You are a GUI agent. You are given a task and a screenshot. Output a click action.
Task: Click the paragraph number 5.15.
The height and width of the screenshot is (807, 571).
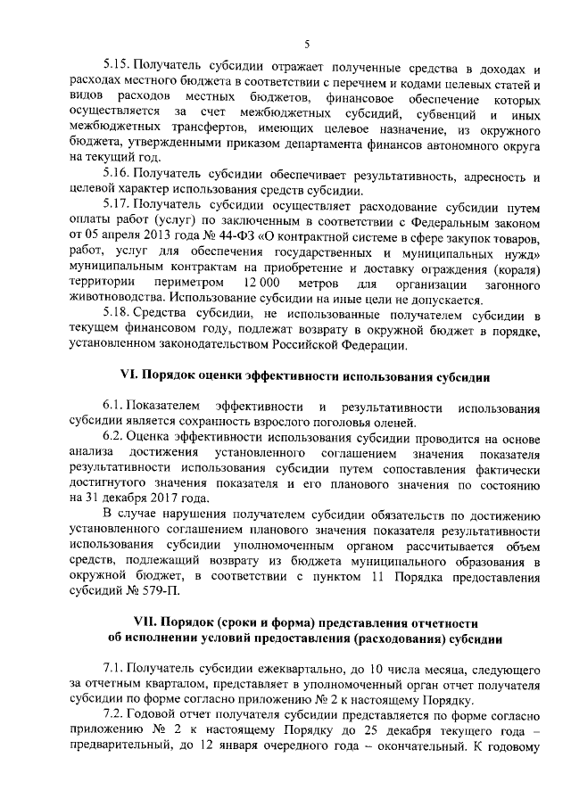coord(119,68)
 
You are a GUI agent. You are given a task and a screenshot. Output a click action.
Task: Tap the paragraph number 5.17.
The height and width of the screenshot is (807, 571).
coord(119,203)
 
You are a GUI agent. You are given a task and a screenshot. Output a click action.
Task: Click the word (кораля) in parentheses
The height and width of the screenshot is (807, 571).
coord(511,267)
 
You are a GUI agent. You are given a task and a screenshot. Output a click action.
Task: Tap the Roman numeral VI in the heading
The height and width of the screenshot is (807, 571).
coord(128,377)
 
